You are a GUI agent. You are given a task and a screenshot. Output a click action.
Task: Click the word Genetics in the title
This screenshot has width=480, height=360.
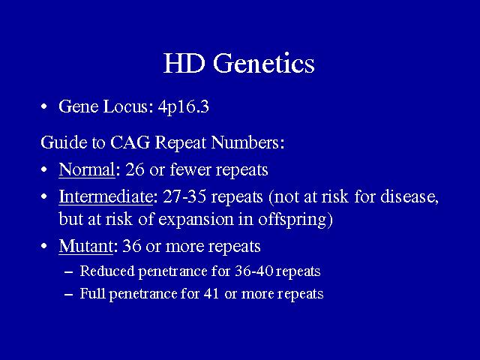click(263, 63)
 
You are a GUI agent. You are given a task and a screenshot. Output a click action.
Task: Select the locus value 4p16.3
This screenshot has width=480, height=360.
click(184, 107)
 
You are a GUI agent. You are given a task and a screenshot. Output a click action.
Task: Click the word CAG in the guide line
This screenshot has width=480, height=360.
click(130, 142)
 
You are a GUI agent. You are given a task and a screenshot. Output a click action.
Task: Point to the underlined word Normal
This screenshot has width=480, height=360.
click(87, 169)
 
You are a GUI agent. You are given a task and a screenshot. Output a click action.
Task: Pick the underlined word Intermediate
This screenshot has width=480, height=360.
click(106, 196)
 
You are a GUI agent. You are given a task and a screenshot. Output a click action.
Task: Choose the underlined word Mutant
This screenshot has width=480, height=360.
click(85, 246)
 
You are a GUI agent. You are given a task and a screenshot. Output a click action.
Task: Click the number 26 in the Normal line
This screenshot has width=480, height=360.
click(135, 169)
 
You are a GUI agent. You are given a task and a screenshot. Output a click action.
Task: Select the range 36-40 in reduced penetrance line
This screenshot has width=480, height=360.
click(253, 271)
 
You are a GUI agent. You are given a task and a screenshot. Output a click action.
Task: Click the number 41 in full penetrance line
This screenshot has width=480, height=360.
click(211, 293)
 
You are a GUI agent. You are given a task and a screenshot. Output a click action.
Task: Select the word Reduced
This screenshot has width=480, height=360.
click(107, 271)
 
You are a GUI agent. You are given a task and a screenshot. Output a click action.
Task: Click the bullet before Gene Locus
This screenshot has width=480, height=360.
click(44, 106)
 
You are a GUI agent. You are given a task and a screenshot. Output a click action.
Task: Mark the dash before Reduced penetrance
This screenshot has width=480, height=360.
click(69, 272)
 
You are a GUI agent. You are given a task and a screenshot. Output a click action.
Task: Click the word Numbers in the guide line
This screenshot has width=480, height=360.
click(245, 142)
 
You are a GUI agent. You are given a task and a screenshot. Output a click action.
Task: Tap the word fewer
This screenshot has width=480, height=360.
click(190, 169)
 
